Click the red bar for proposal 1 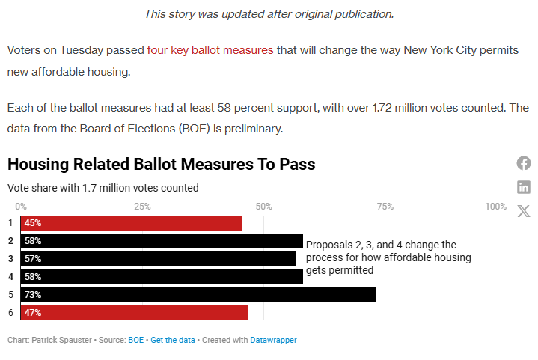[x=132, y=223]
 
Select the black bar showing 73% [x=198, y=295]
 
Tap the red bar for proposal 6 [x=135, y=313]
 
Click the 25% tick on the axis [x=142, y=207]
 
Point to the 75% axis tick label [x=385, y=207]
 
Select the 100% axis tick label [x=495, y=207]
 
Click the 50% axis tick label [x=263, y=207]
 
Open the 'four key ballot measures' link [x=210, y=50]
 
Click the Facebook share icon [x=524, y=163]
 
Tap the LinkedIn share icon [x=524, y=187]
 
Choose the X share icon [x=524, y=210]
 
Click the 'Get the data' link [x=173, y=340]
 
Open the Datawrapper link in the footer [x=273, y=340]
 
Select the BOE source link [x=135, y=340]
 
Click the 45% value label [x=32, y=223]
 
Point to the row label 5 [x=10, y=295]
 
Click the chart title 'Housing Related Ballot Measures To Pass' [x=161, y=164]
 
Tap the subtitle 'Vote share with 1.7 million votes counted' [x=103, y=188]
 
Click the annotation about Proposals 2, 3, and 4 [x=388, y=257]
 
